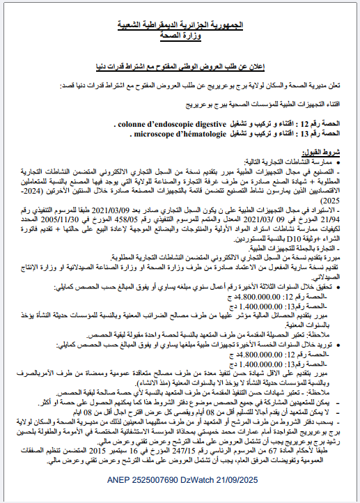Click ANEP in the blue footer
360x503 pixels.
(x=123, y=481)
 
